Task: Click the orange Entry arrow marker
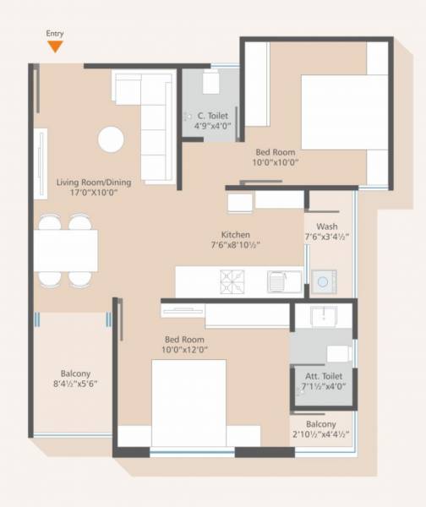click(55, 46)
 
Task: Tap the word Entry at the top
click(55, 34)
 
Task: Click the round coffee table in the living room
click(111, 139)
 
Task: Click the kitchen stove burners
click(232, 280)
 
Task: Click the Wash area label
click(327, 226)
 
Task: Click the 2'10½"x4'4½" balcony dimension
click(322, 435)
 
